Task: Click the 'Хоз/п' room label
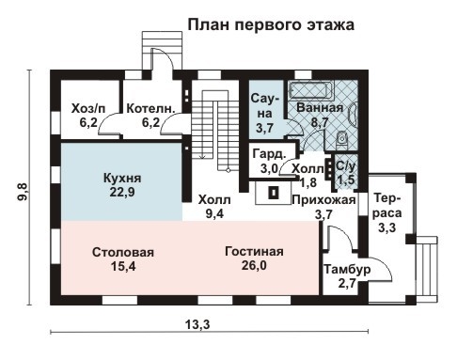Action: click(89, 108)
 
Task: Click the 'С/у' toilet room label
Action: click(346, 166)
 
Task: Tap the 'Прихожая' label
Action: click(323, 200)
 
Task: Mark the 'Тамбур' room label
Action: click(347, 270)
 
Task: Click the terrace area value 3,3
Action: click(386, 227)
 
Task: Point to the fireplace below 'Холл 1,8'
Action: click(275, 192)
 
